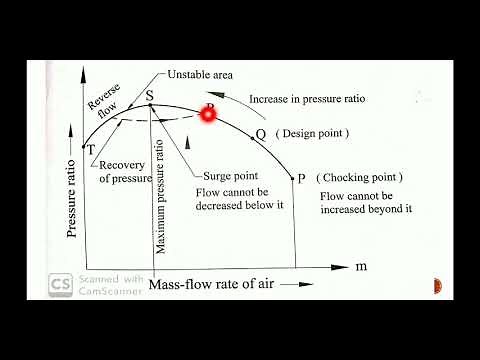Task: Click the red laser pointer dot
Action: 209,114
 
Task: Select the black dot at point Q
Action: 247,134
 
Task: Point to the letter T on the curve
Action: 91,149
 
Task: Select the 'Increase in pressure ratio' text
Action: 305,99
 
